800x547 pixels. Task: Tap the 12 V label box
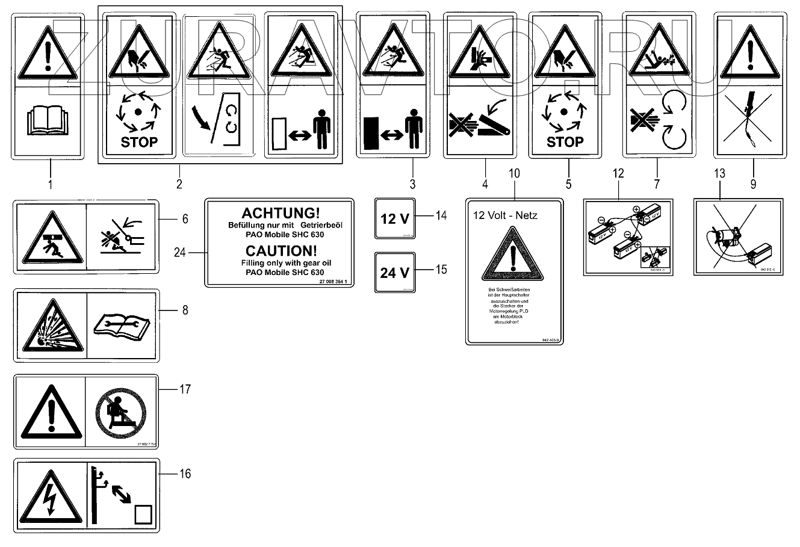tap(395, 218)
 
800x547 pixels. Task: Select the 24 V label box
tap(395, 273)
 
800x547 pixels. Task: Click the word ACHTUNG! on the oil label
tap(281, 213)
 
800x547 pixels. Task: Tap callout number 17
tap(185, 390)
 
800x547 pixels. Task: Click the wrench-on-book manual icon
tap(123, 326)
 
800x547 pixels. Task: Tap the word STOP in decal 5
tap(565, 142)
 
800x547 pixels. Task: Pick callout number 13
tap(720, 174)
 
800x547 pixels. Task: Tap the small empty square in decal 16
tap(143, 515)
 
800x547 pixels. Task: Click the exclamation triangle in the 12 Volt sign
tap(513, 256)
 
